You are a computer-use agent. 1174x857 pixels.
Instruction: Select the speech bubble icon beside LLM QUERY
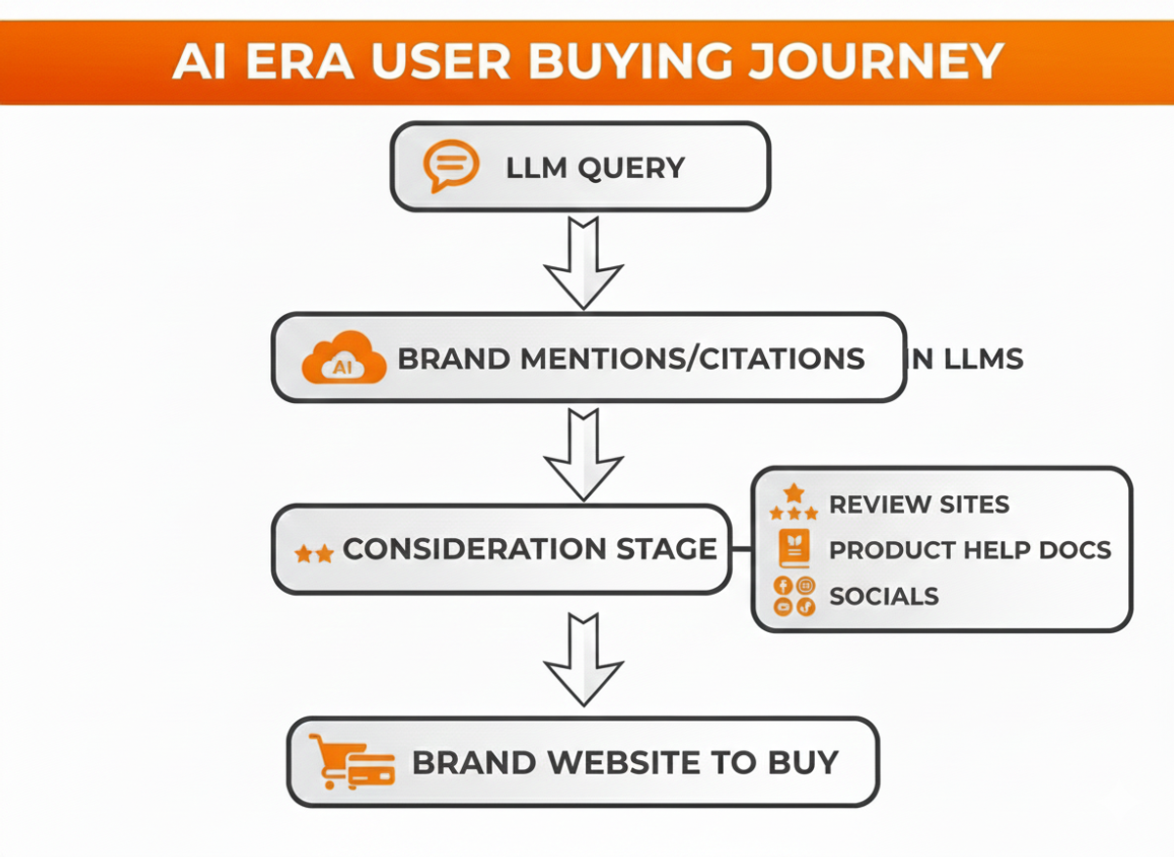coord(451,166)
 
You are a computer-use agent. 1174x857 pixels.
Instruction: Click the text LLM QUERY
coord(595,167)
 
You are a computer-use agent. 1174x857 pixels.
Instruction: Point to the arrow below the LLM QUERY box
coord(583,261)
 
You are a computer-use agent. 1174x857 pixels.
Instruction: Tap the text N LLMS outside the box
coord(968,359)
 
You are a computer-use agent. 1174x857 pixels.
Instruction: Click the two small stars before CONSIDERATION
coord(314,554)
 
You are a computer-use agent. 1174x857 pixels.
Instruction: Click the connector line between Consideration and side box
coord(741,549)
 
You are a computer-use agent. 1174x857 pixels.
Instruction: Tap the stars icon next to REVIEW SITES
coord(793,503)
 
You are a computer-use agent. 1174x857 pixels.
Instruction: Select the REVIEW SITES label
coord(919,504)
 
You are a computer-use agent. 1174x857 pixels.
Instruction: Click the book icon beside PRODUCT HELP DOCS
coord(793,549)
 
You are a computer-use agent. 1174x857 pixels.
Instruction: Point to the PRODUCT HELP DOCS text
coord(970,550)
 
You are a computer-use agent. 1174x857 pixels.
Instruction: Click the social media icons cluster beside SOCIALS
coord(793,596)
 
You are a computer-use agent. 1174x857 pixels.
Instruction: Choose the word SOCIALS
coord(883,596)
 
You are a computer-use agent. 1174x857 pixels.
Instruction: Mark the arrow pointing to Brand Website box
coord(583,659)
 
